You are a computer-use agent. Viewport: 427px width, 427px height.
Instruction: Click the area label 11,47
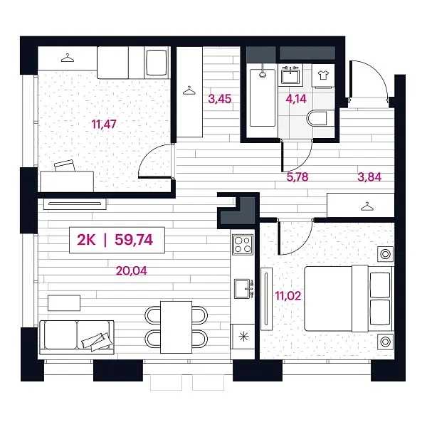point(104,125)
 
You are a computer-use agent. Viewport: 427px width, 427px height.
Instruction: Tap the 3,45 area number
point(220,99)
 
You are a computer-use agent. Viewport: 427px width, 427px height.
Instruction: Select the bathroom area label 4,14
point(296,99)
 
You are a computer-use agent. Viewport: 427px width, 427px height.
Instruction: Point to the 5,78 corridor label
point(297,177)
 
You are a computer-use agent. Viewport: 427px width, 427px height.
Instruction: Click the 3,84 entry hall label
point(369,177)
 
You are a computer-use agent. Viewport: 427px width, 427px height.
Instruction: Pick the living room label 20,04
point(132,270)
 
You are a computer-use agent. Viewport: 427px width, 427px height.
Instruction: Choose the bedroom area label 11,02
point(288,296)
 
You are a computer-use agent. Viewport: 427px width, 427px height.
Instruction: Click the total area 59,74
point(134,240)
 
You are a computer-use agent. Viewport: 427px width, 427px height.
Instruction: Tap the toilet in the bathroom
point(317,118)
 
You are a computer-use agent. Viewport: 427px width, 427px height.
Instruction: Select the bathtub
point(263,97)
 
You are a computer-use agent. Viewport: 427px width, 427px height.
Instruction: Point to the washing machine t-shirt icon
point(323,75)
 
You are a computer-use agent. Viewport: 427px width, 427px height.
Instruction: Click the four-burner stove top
point(243,245)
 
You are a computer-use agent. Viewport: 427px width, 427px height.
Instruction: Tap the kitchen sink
point(243,288)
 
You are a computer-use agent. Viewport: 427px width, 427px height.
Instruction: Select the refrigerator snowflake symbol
point(243,337)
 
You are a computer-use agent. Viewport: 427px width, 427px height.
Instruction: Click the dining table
point(176,327)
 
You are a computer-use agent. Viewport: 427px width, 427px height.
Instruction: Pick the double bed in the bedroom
point(349,299)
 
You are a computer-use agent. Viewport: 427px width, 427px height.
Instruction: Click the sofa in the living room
point(77,337)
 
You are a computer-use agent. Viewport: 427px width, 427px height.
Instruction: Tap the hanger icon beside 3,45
point(189,90)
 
